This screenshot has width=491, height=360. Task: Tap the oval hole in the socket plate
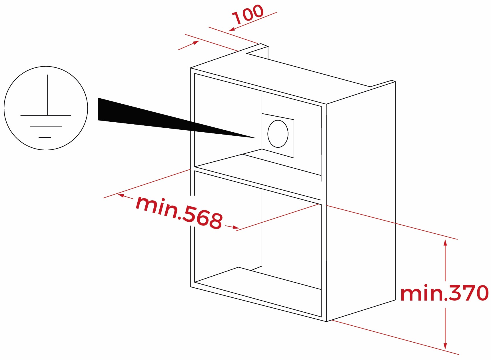(x=278, y=134)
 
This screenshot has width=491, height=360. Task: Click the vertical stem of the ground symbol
(x=47, y=94)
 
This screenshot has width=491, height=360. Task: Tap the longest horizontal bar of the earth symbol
(x=46, y=115)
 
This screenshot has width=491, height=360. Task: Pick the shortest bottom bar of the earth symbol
(x=45, y=137)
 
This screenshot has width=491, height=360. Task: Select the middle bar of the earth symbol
(x=46, y=127)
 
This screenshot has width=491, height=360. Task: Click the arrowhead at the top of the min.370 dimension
(x=445, y=243)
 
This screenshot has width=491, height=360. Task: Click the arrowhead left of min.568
(x=121, y=195)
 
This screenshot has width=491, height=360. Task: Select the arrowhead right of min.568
(x=236, y=227)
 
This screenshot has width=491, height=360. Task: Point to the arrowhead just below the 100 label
(x=232, y=29)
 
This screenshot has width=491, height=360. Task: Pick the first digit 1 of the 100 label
(x=237, y=18)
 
